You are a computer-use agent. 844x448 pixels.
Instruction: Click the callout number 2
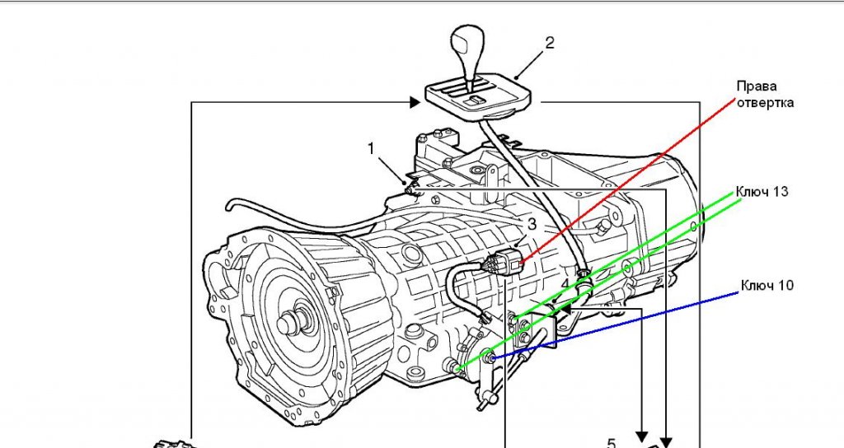click(550, 42)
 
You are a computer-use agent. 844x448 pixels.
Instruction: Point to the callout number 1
click(372, 148)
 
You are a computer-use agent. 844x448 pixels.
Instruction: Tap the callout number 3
click(532, 223)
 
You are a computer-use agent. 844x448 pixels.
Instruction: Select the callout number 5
click(611, 442)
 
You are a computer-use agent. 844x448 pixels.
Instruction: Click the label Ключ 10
click(767, 286)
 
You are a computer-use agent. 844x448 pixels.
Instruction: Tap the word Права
click(756, 86)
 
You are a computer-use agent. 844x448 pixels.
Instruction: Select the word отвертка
click(766, 103)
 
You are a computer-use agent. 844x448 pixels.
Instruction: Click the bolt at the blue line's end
click(489, 357)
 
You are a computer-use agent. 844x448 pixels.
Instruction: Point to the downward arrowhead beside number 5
click(640, 434)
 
